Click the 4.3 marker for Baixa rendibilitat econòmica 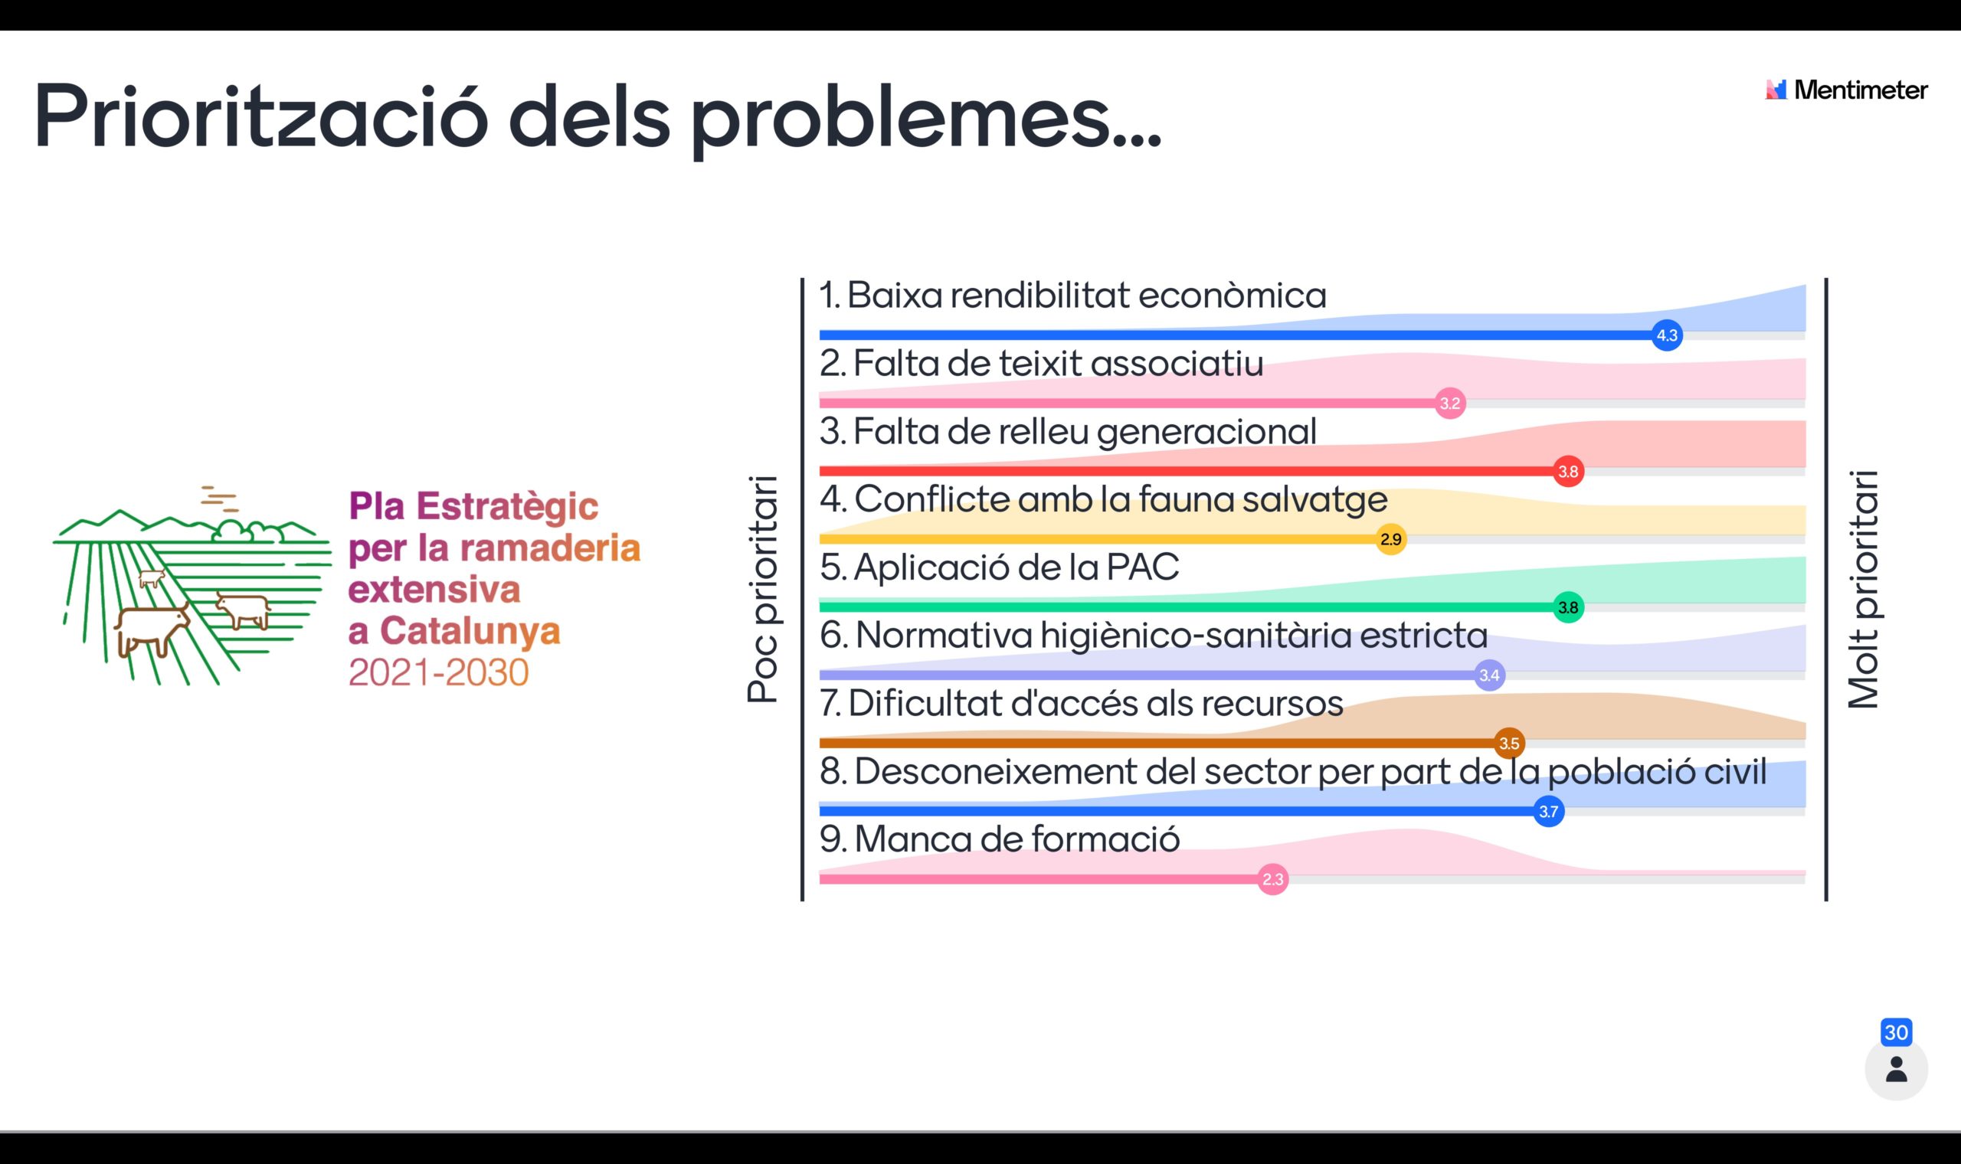click(x=1667, y=335)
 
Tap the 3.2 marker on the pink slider click(x=1450, y=403)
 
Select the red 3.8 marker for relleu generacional click(x=1568, y=472)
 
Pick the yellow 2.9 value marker click(x=1391, y=540)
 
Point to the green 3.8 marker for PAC click(x=1568, y=607)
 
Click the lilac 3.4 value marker click(x=1490, y=675)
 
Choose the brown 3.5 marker click(x=1509, y=743)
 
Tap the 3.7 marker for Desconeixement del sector click(x=1548, y=811)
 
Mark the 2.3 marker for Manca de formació click(x=1273, y=879)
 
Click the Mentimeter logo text click(x=1861, y=90)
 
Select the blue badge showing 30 click(x=1896, y=1032)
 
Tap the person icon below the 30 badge click(x=1897, y=1070)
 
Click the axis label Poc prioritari click(x=762, y=588)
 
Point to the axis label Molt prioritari click(x=1864, y=589)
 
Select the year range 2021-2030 click(x=438, y=673)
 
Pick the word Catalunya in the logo click(x=470, y=631)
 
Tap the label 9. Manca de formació click(x=1000, y=839)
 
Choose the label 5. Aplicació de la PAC click(x=1000, y=567)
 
